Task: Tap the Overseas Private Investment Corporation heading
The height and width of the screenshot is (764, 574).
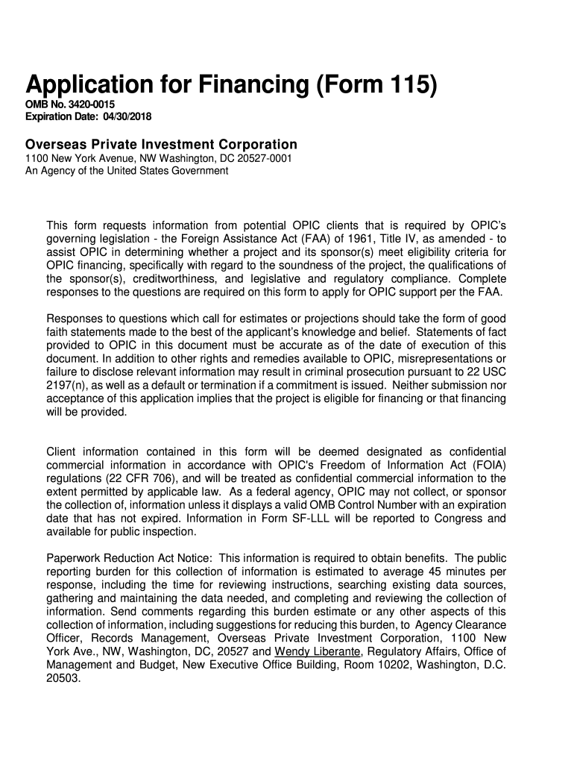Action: (161, 144)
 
